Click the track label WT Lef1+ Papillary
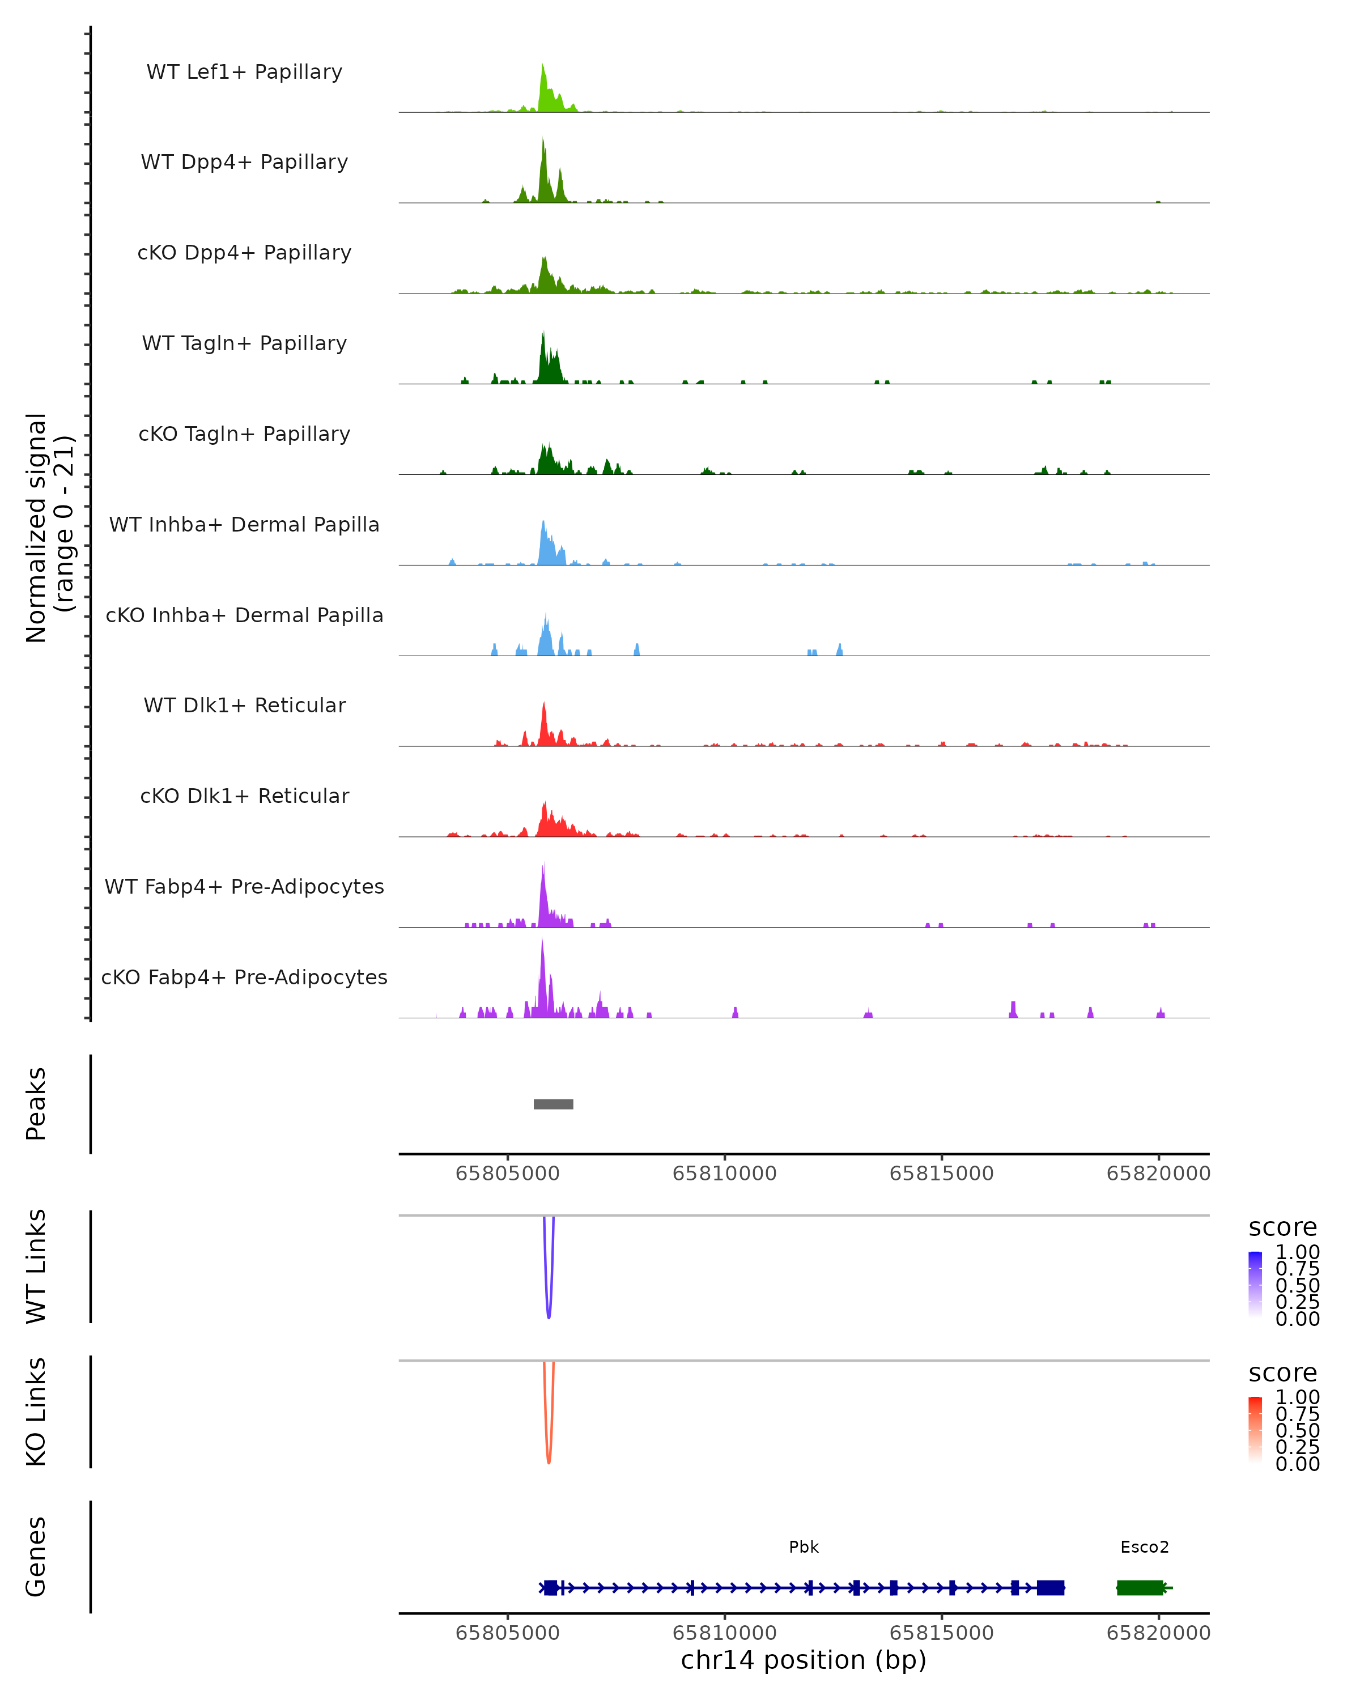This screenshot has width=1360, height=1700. point(244,72)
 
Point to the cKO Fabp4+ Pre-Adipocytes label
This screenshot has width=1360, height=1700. point(244,977)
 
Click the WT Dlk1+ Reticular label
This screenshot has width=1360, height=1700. point(244,705)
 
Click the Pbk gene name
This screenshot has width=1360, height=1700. point(804,1547)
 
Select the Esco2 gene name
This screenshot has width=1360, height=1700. point(1144,1547)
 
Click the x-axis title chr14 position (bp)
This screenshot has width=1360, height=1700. point(804,1660)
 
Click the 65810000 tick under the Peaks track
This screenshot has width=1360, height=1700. point(725,1174)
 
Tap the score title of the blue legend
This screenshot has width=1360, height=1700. point(1282,1227)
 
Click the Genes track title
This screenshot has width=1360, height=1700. point(36,1557)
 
